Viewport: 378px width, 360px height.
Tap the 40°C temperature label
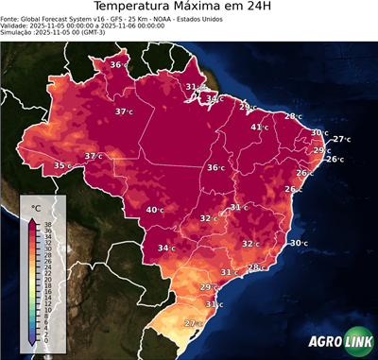156,210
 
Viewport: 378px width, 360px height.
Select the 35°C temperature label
62,165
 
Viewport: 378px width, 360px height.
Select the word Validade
16,26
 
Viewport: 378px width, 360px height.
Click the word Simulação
18,34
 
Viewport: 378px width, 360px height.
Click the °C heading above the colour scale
36,207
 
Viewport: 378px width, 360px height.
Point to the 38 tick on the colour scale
44,224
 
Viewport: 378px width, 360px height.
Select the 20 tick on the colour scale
44,279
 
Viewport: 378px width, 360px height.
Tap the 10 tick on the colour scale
44,309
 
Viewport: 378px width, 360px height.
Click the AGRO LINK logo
340,343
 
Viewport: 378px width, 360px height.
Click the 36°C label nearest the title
118,64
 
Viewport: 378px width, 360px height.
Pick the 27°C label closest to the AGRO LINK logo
193,324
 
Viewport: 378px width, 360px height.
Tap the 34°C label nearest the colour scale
167,249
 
